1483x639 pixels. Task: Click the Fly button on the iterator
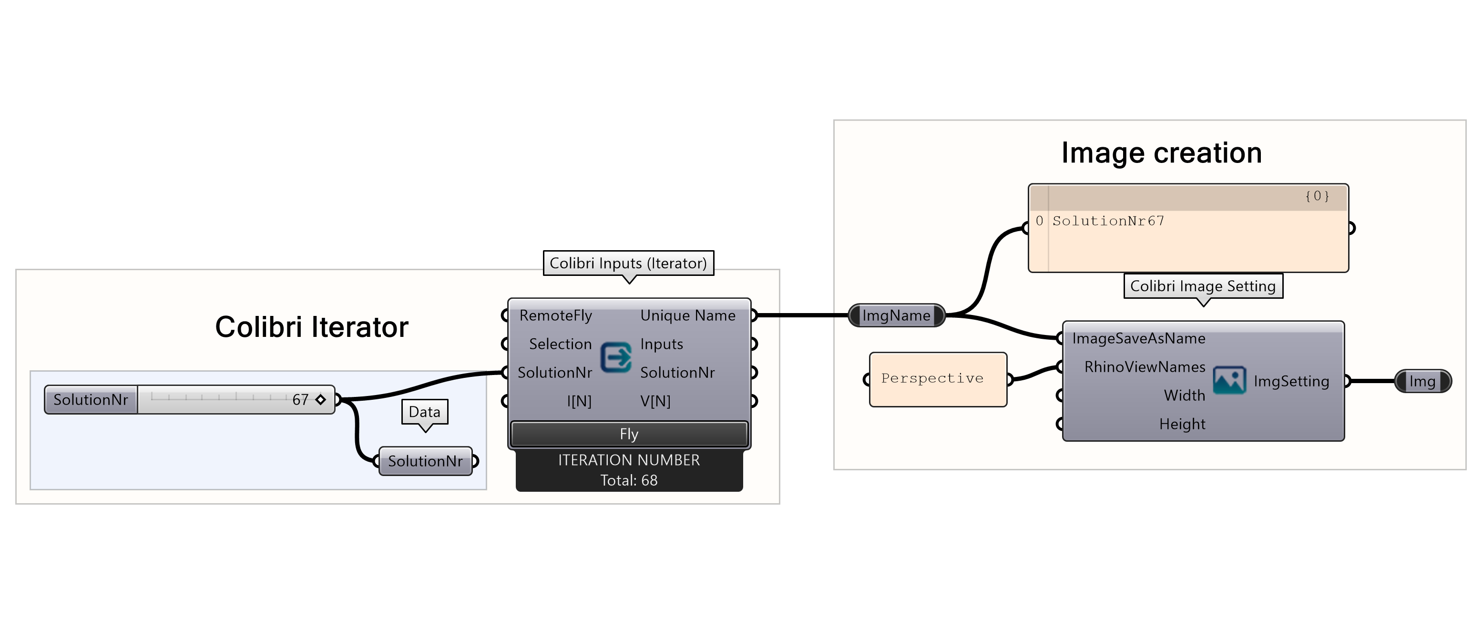tap(629, 434)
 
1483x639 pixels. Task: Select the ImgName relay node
tap(896, 315)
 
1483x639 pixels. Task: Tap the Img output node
tap(1422, 381)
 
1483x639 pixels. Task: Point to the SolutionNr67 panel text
tap(1108, 221)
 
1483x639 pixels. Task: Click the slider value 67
tap(300, 399)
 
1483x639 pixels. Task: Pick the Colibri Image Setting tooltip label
tap(1203, 286)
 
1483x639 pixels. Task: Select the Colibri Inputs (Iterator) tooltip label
tap(628, 263)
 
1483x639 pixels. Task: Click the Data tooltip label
tap(424, 412)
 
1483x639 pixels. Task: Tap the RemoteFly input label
tap(555, 315)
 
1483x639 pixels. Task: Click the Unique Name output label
tap(688, 315)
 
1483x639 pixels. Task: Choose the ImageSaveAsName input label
tap(1138, 338)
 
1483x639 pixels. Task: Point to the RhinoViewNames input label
tap(1145, 367)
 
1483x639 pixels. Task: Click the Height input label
tap(1182, 424)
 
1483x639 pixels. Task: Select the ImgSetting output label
tap(1291, 381)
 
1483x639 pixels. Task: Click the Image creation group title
tap(1161, 153)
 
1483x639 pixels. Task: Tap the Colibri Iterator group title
tap(311, 327)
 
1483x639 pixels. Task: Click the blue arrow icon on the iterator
tap(616, 357)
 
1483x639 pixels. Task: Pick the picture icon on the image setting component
tap(1229, 381)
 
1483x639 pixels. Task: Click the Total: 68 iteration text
tap(629, 480)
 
